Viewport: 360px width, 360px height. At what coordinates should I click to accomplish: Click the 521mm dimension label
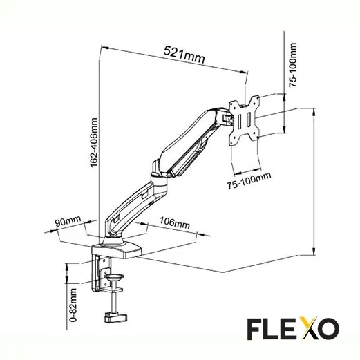(184, 53)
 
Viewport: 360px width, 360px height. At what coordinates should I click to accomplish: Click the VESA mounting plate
(244, 120)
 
